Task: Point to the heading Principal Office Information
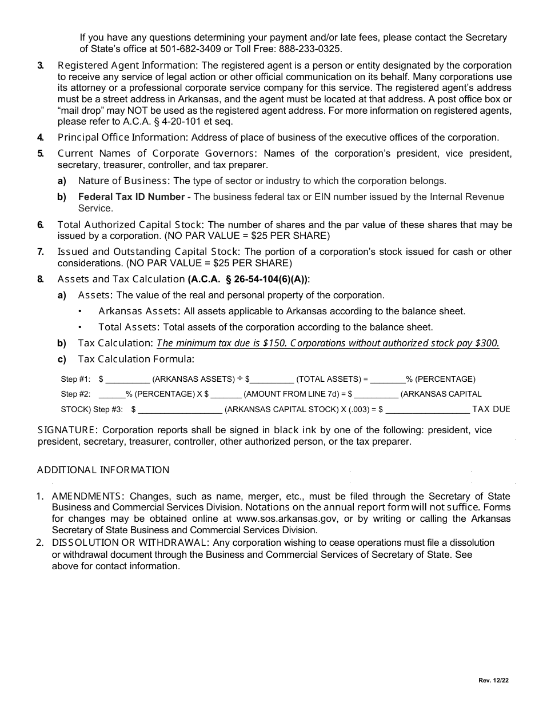122,137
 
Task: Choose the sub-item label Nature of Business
123,181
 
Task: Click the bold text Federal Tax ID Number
131,197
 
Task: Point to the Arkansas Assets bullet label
139,311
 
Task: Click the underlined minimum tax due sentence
328,343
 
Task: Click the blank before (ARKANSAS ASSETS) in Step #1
127,380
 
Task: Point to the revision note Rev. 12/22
493,680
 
